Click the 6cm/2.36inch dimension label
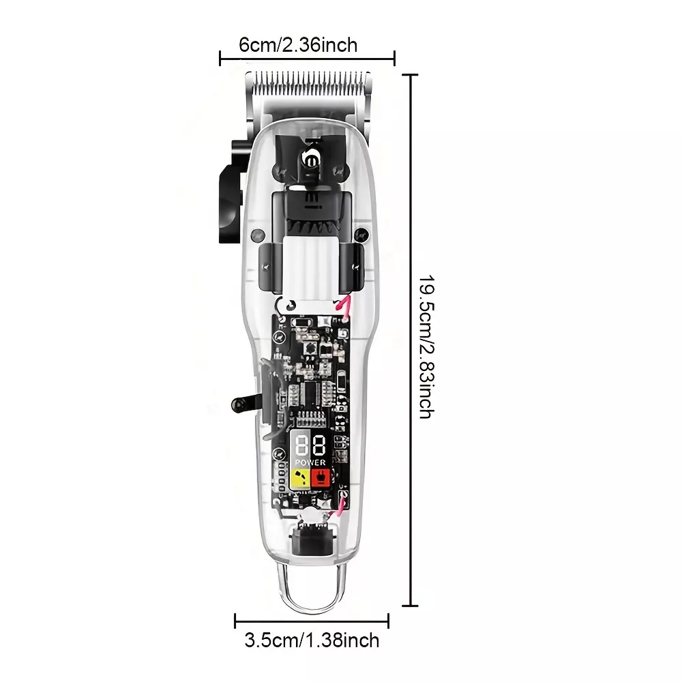pyautogui.click(x=299, y=45)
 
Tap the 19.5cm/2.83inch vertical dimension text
pyautogui.click(x=426, y=346)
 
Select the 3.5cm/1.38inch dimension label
pyautogui.click(x=312, y=640)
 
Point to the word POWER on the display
pyautogui.click(x=310, y=462)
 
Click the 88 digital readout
pyautogui.click(x=310, y=445)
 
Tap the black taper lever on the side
pyautogui.click(x=231, y=192)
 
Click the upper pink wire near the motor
pyautogui.click(x=344, y=304)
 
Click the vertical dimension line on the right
pyautogui.click(x=410, y=340)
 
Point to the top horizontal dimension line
pyautogui.click(x=307, y=58)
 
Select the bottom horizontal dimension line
pyautogui.click(x=312, y=621)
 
